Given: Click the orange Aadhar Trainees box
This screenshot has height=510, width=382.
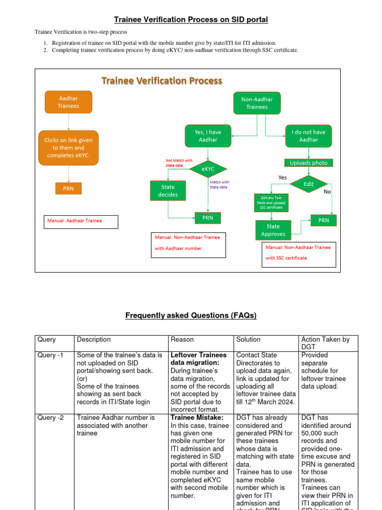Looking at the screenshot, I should click(68, 102).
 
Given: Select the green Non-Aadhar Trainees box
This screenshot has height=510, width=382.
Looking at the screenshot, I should click(257, 103).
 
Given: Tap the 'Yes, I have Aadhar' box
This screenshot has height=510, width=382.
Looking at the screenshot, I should click(207, 136).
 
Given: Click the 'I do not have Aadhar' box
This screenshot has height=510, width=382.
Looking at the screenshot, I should click(308, 136).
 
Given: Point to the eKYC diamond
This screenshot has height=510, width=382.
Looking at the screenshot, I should click(208, 169).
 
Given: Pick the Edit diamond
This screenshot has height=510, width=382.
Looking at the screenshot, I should click(309, 184).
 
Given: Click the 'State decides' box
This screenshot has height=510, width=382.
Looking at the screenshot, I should click(168, 191).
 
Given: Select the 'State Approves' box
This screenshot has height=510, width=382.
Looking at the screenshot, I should click(273, 230).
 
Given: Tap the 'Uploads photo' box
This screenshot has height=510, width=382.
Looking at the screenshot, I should click(308, 163).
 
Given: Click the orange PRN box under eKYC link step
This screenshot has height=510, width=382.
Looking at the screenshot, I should click(68, 189).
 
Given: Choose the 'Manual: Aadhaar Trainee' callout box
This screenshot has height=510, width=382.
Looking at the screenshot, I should click(81, 221).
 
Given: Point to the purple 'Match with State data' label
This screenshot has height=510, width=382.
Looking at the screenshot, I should click(219, 185).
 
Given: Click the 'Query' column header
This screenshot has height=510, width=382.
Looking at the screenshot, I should click(47, 340).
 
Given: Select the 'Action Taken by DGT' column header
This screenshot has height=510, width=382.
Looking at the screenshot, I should click(325, 343).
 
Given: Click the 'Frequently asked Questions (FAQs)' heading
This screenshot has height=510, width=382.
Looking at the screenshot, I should click(191, 316).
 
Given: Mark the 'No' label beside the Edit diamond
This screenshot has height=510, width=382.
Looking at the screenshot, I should click(327, 192).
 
